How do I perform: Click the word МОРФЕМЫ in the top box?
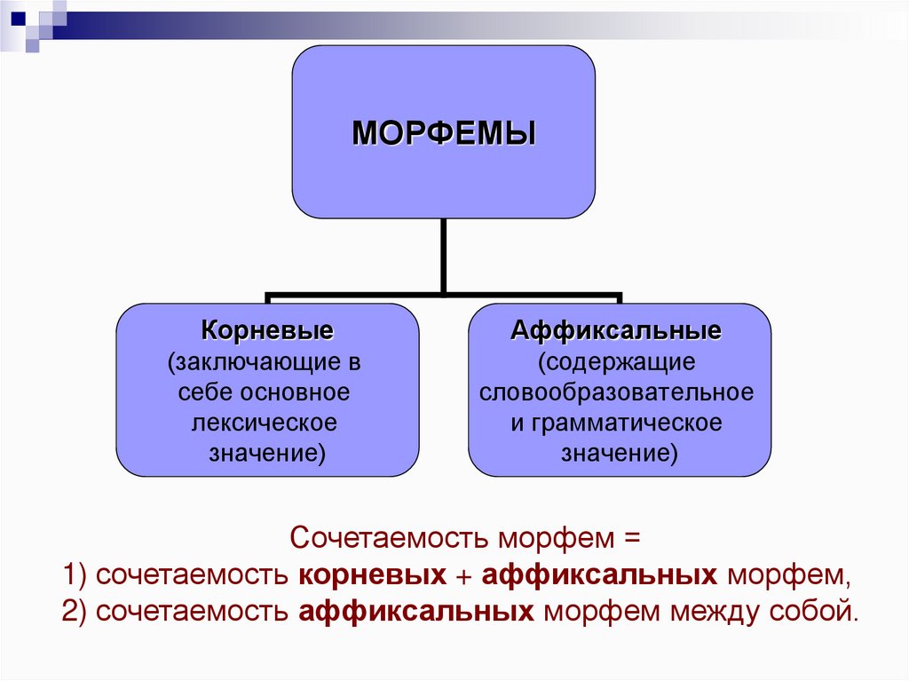tap(444, 134)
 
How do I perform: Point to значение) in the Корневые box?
tap(267, 452)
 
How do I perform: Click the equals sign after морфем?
tap(630, 539)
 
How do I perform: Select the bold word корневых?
tap(373, 576)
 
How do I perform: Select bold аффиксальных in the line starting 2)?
tap(416, 613)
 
